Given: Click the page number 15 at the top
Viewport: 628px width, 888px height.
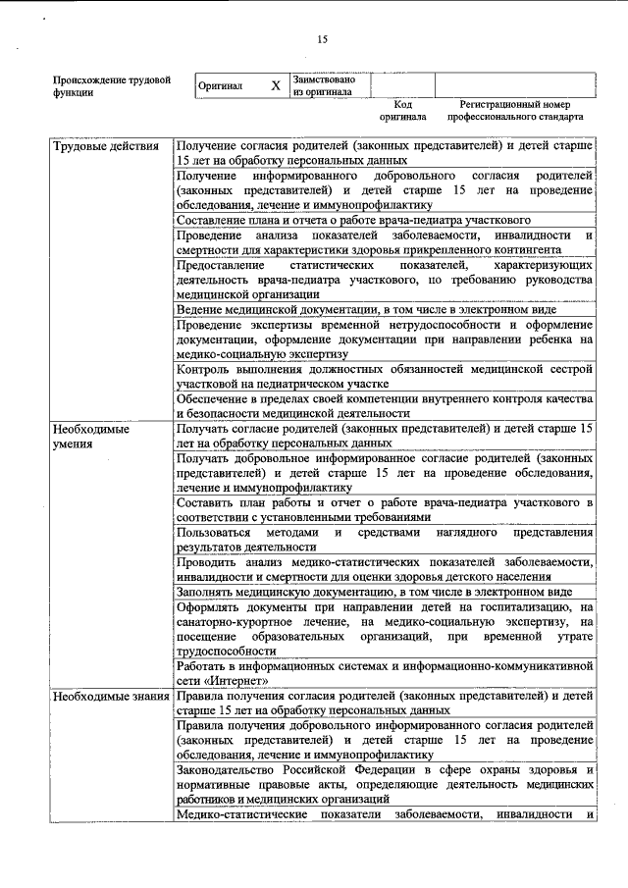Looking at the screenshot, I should point(322,40).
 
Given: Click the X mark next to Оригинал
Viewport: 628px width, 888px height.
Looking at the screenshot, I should point(276,85).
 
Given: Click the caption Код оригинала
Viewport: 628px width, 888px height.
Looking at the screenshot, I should point(402,110).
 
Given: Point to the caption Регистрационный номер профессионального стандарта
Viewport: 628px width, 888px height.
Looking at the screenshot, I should point(514,110).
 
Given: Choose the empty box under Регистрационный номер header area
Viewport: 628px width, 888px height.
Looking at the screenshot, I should point(515,85).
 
